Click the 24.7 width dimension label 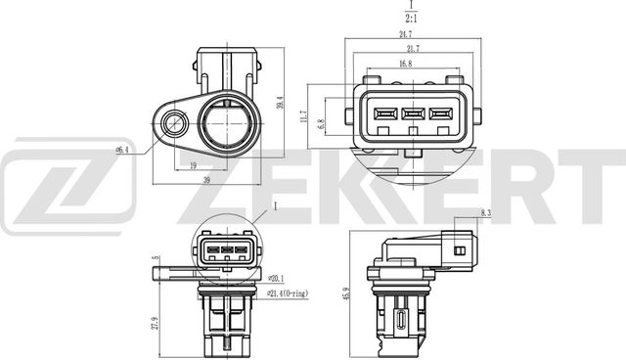tap(406, 34)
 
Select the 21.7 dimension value tap(413, 49)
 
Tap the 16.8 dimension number tap(405, 64)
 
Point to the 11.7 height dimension tap(304, 116)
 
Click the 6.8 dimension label tap(321, 124)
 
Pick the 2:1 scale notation tap(411, 18)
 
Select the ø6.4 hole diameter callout tap(122, 150)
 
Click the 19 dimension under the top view tap(194, 165)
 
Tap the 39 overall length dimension tap(206, 180)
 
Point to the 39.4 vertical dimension tap(281, 103)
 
